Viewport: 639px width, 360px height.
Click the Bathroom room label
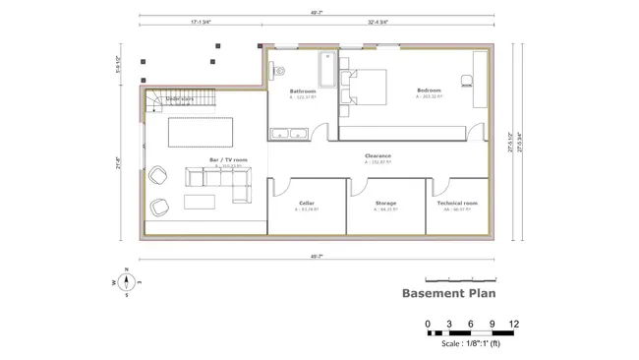[x=303, y=90]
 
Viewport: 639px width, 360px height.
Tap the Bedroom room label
[x=430, y=90]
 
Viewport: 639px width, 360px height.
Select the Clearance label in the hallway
[x=378, y=155]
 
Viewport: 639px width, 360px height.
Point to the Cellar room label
[x=307, y=204]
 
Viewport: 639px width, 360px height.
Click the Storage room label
[x=385, y=204]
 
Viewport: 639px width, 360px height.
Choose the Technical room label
[x=457, y=204]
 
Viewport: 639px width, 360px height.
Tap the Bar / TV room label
[x=228, y=159]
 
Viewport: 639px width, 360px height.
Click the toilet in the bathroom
[x=277, y=69]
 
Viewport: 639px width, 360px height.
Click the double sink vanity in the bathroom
[x=289, y=132]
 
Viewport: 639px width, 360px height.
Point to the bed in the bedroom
[x=364, y=86]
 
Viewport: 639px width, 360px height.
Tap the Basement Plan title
[x=448, y=292]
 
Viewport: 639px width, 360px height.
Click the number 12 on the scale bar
[x=513, y=324]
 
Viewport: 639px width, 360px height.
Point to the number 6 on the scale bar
[x=470, y=324]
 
